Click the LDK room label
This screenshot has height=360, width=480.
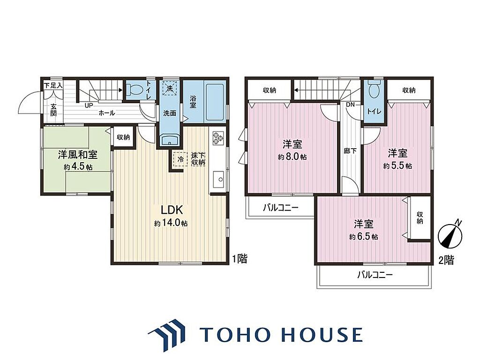point(172,210)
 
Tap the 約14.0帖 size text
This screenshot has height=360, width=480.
point(171,224)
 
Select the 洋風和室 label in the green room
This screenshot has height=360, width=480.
point(78,155)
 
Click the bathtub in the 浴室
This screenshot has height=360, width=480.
point(216,101)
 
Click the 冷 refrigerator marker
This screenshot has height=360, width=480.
point(180,159)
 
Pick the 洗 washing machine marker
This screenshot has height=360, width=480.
point(170,88)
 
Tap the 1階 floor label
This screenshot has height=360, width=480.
point(240,259)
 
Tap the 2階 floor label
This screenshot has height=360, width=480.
point(446,261)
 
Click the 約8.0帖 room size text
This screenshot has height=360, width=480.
point(292,157)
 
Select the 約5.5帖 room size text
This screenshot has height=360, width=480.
point(397,166)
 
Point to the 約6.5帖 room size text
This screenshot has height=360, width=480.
point(363,237)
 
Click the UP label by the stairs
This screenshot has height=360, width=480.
point(89,105)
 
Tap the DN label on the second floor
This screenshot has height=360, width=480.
point(350,105)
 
